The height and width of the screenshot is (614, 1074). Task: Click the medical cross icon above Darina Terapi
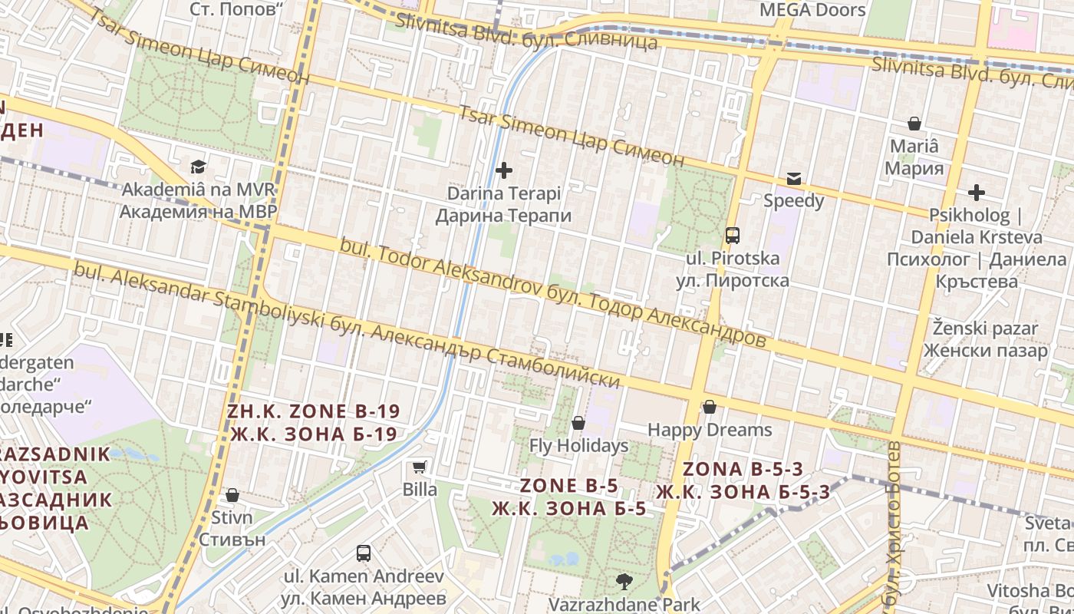coord(504,170)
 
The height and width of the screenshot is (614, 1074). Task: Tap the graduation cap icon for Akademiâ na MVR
coord(199,167)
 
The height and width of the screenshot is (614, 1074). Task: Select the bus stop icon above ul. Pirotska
coord(733,235)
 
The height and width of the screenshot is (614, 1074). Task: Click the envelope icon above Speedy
coord(793,179)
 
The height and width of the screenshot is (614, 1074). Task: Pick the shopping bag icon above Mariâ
coord(914,123)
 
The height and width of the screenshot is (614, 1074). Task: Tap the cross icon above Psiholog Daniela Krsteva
coord(976,192)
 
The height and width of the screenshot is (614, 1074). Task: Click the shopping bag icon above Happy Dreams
coord(710,407)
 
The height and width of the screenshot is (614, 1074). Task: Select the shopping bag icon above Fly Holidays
coord(578,423)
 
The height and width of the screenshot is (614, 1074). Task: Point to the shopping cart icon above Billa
coord(420,467)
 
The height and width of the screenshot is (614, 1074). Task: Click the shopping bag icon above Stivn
coord(232,495)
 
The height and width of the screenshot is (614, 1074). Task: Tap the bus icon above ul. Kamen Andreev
coord(364,553)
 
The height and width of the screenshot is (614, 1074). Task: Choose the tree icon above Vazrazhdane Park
coord(624,581)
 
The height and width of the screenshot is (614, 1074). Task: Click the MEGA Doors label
coord(812,10)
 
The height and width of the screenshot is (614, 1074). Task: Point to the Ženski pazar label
coord(985,329)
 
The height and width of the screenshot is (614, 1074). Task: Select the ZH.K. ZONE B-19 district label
coord(313,411)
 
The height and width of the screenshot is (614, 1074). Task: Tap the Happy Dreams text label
coord(710,429)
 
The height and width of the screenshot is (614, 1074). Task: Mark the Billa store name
coord(420,489)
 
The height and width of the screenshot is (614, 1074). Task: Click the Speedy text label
coord(793,201)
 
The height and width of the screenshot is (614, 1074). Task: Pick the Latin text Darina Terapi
coord(504,193)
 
